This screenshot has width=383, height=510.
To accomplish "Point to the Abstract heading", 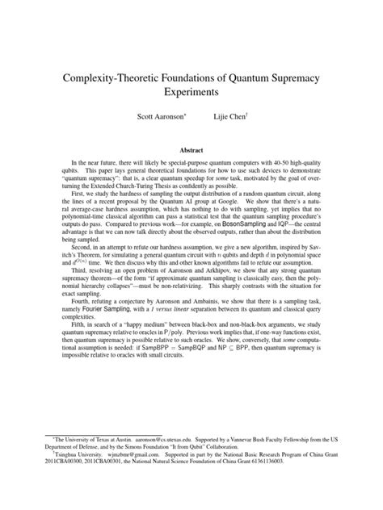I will pos(191,148).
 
